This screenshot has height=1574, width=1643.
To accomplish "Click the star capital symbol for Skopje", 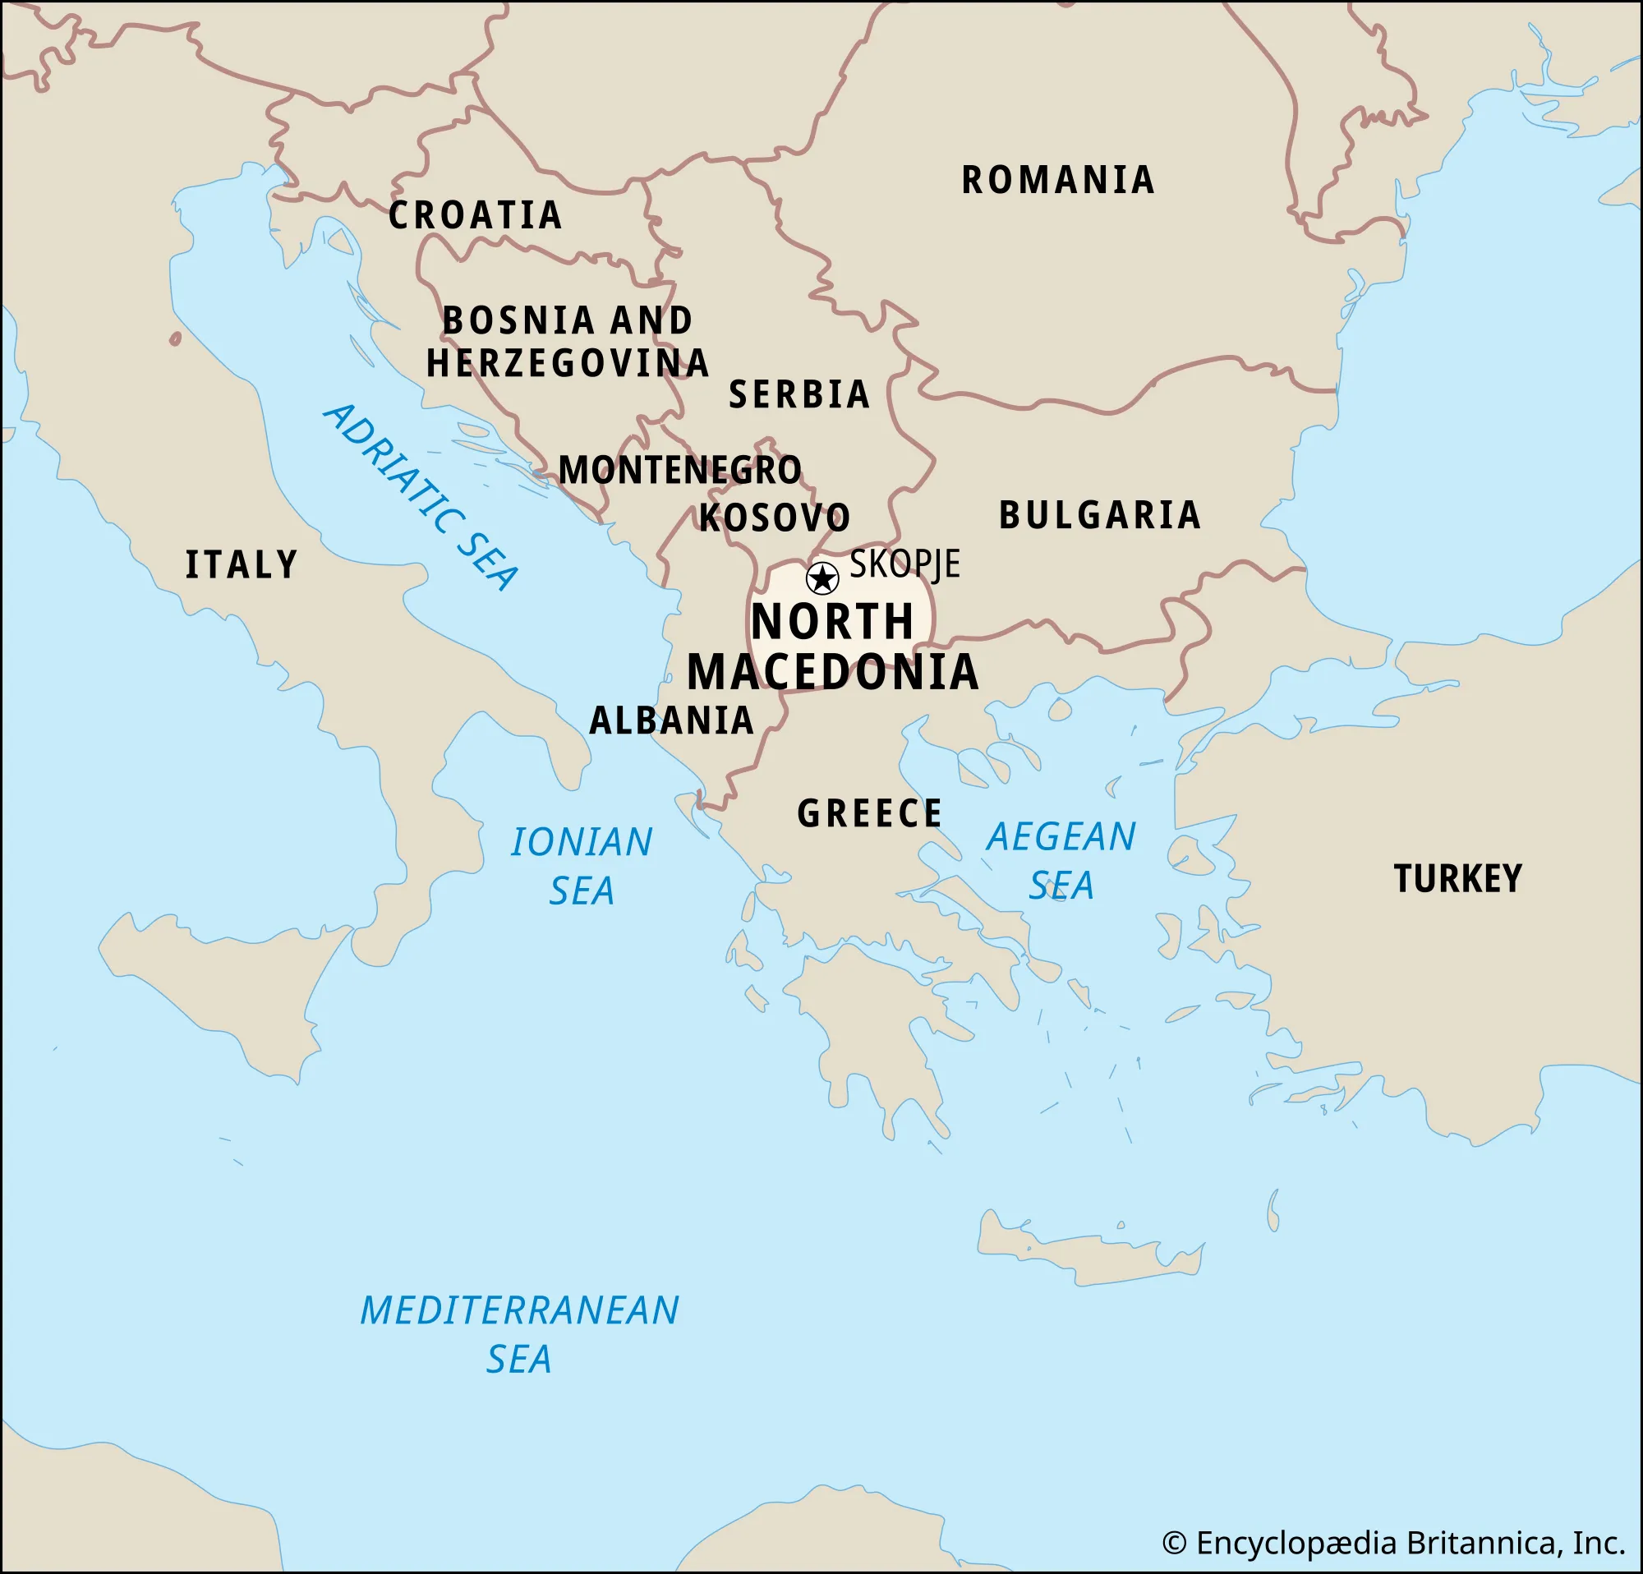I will tap(821, 578).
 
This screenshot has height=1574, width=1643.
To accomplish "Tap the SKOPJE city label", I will tap(904, 564).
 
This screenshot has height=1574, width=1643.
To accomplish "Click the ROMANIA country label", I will tap(1058, 180).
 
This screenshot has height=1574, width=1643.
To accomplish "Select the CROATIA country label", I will tap(475, 215).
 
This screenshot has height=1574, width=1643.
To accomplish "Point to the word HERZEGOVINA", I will tap(568, 364).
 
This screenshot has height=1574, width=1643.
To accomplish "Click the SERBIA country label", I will tap(798, 395).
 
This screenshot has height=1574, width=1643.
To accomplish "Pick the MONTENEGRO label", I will tap(680, 470).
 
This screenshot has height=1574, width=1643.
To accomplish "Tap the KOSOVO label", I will tap(775, 518).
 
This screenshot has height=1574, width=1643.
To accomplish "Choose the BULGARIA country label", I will tap(1100, 514).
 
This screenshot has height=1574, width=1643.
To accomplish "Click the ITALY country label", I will tap(242, 565).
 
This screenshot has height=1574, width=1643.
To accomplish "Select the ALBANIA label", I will tap(671, 720).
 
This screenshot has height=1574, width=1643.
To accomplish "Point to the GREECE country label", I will tap(869, 814).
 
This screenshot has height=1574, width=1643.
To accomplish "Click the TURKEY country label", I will tap(1457, 878).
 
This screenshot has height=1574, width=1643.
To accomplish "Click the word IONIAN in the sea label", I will tap(581, 842).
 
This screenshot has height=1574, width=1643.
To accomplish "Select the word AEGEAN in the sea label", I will tap(1061, 836).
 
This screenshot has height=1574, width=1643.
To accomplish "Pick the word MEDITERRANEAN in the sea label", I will tap(519, 1311).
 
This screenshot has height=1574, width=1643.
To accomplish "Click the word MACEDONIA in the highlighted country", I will tap(832, 672).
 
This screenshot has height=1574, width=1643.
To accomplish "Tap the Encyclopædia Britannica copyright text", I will tap(1393, 1543).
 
